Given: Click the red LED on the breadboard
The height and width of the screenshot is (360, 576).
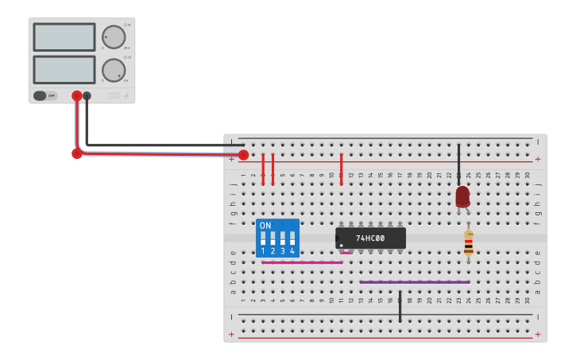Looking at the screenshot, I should tap(462, 196).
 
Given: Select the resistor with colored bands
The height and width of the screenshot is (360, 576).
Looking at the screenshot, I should tap(469, 244).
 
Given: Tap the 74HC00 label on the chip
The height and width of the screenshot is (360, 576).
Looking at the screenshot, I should tap(370, 238).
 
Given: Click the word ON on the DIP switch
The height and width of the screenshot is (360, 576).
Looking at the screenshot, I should tap(265, 226).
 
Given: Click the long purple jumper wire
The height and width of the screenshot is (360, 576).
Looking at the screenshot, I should tap(414, 281).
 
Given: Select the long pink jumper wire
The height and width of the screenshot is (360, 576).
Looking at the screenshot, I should tap(302, 262).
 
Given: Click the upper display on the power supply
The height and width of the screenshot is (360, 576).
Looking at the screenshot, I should tap(64, 37).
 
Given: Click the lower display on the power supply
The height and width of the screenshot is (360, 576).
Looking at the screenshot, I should tap(64, 70).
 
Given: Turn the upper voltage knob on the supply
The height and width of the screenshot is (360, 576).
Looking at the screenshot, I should tap(114, 37).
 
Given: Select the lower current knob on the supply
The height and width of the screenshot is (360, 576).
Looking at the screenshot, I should tap(114, 70).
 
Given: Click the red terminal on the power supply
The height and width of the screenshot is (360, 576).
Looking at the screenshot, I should tap(76, 96).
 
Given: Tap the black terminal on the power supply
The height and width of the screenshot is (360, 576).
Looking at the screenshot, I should tap(87, 96).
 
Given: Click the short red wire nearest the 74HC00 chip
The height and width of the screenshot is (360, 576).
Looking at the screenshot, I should tap(341, 169).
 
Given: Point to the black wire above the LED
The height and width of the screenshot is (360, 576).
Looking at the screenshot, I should tap(458, 164).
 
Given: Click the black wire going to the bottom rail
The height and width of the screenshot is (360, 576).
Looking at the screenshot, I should tap(400, 306).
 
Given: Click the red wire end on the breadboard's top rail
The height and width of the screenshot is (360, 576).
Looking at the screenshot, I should tap(243, 155).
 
